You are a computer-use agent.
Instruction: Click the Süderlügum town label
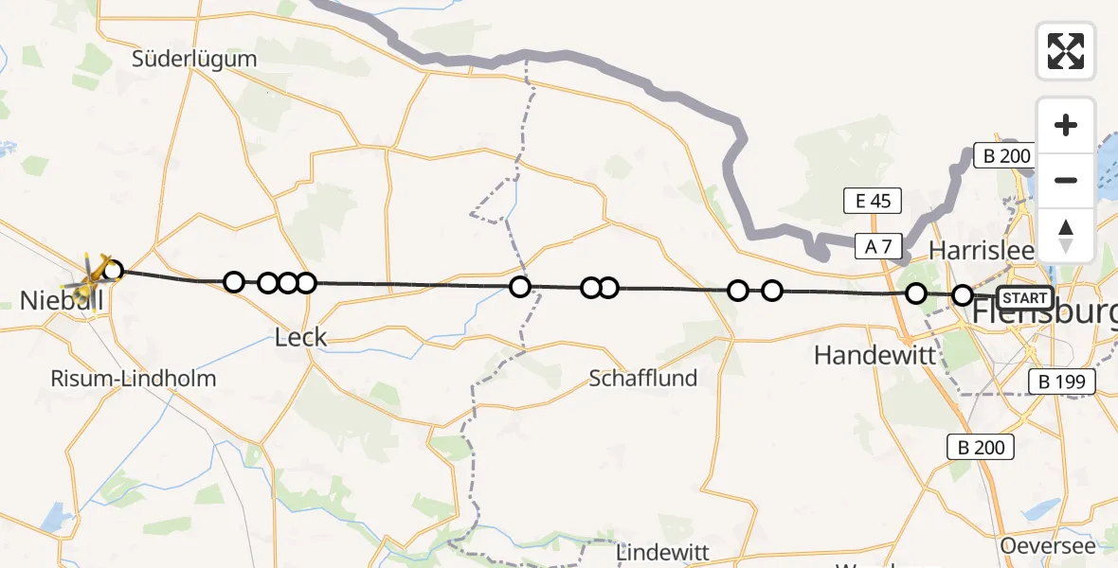pos(194,59)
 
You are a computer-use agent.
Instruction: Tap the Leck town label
pos(300,336)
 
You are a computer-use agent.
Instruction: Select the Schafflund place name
pos(642,379)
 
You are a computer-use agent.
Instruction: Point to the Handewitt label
pos(875,355)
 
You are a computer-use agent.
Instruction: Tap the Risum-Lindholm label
pos(134,379)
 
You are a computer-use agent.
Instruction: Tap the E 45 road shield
pos(872,201)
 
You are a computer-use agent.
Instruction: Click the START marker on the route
pos(1024,298)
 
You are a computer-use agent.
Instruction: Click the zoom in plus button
pos(1066,125)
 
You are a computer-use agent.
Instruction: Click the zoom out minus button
pos(1066,180)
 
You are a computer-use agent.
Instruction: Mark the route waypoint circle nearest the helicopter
pos(113,272)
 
